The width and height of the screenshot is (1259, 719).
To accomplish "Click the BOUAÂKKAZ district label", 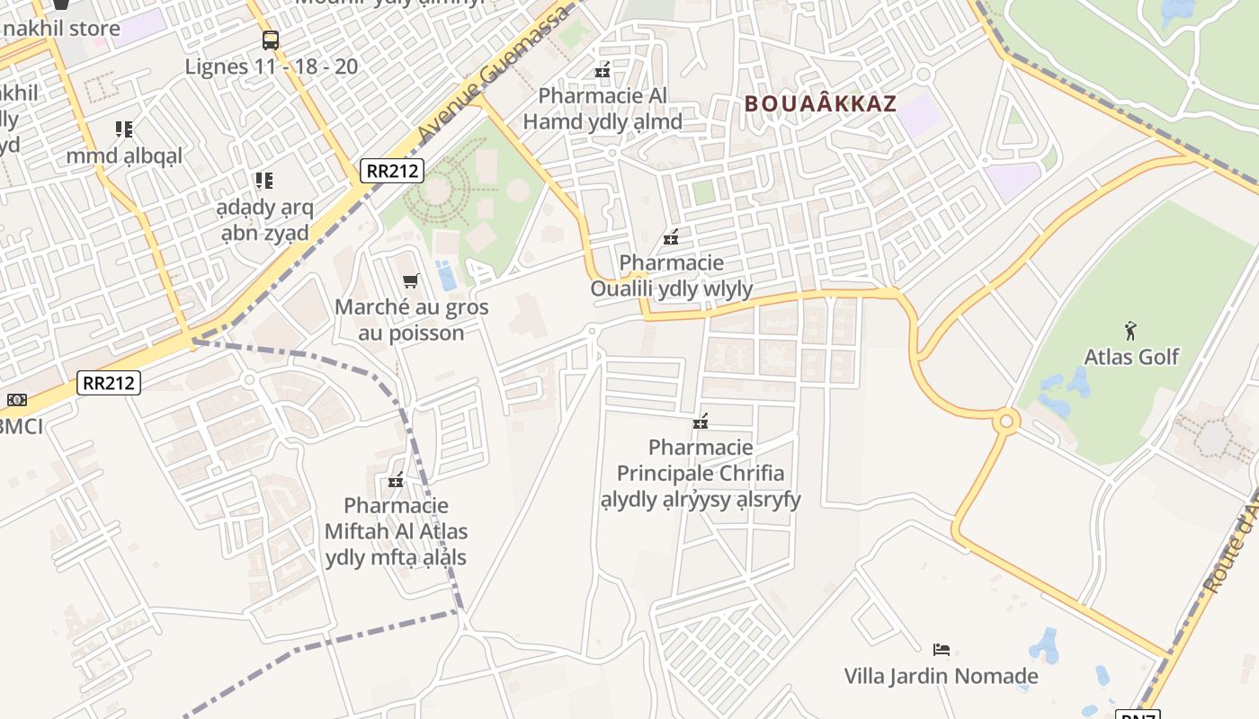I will [x=820, y=103].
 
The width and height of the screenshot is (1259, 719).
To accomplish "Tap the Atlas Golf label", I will [x=1131, y=357].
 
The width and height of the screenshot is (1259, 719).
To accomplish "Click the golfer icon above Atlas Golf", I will [x=1130, y=331].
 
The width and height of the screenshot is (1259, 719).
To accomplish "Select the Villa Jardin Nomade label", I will [x=941, y=676].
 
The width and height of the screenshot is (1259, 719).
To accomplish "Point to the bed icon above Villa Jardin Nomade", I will [x=942, y=649].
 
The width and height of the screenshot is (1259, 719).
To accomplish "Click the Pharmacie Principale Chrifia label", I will [x=701, y=473].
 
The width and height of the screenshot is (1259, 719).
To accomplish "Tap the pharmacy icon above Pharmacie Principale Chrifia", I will [x=701, y=421].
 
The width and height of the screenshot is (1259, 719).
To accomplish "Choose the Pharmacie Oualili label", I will [x=671, y=276].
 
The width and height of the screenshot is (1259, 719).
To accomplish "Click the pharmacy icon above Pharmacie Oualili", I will [x=670, y=237].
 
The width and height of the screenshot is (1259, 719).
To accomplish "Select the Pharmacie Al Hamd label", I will [x=603, y=109].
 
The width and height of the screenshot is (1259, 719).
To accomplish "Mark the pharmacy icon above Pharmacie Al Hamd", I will [x=603, y=69].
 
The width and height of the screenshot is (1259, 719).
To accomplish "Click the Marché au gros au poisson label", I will [x=412, y=320].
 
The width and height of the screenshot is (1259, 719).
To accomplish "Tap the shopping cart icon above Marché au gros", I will [x=411, y=280].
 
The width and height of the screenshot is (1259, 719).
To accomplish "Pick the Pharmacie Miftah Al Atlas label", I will [x=396, y=531].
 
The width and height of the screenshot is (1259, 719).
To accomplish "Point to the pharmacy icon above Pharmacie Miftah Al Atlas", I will [x=395, y=480].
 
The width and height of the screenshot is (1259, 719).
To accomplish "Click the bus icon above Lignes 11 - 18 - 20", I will [x=271, y=40].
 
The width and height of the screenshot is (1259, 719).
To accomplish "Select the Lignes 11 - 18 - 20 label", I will [x=271, y=67].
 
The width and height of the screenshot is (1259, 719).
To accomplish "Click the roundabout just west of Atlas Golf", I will [x=1005, y=420].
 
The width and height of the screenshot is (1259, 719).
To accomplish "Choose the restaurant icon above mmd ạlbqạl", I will [x=124, y=129].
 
